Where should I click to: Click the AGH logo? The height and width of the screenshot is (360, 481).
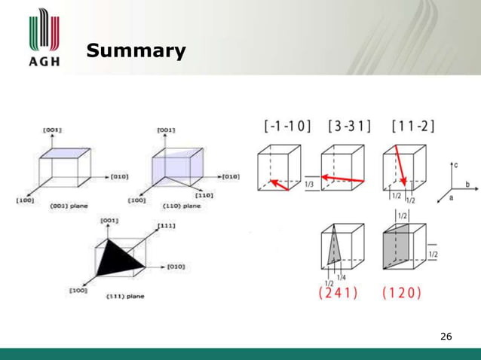[x=44, y=38]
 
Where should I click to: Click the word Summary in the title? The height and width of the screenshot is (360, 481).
[x=136, y=51]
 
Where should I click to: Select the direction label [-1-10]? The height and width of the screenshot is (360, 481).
[x=287, y=126]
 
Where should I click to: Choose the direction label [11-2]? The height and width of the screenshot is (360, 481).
[x=412, y=126]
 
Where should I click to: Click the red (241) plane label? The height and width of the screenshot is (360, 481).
[x=339, y=293]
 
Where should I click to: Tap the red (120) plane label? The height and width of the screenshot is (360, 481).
[x=402, y=293]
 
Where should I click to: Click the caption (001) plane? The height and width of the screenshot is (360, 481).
[x=69, y=206]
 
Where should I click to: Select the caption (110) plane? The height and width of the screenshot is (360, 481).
[x=182, y=206]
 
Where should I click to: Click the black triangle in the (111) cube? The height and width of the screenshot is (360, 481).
[x=121, y=259]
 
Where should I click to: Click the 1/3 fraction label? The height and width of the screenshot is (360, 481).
[x=311, y=184]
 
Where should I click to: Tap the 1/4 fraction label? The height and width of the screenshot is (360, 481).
[x=341, y=277]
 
